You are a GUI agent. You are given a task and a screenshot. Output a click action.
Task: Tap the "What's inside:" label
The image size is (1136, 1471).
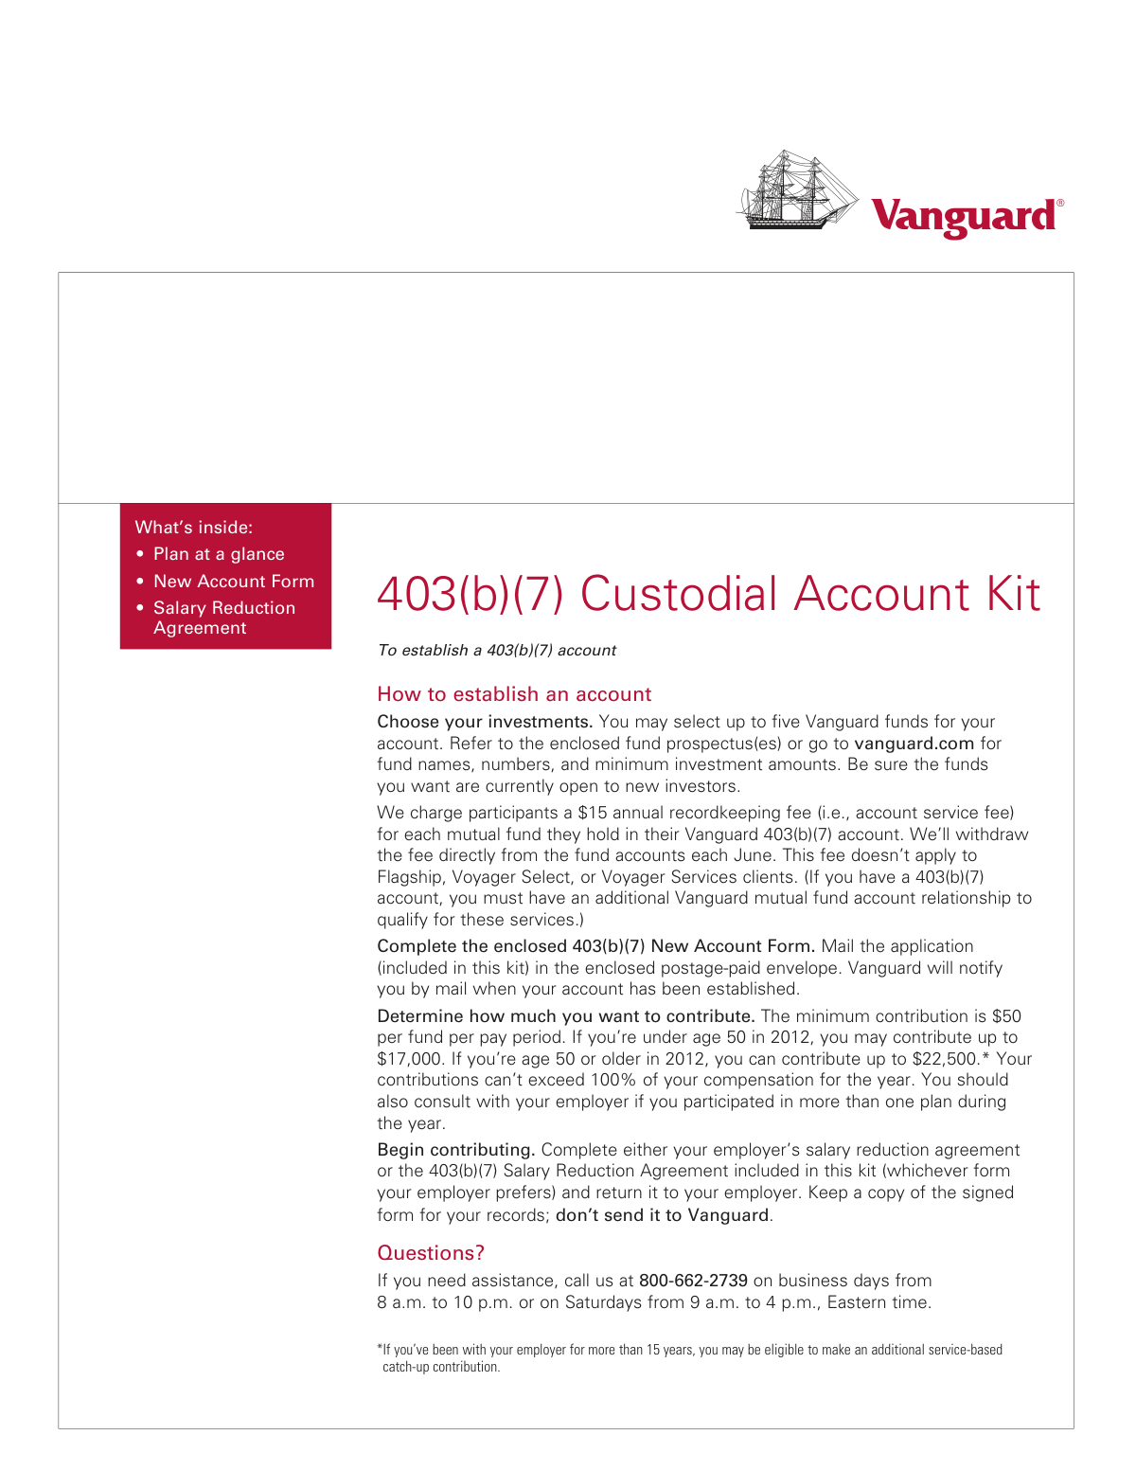pos(193,528)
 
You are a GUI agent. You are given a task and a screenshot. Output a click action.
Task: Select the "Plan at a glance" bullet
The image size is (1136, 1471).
pos(219,554)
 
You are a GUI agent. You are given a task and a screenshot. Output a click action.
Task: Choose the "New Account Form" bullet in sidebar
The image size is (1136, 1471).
pos(233,582)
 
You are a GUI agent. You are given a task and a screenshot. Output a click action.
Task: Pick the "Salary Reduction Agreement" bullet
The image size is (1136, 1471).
pos(223,618)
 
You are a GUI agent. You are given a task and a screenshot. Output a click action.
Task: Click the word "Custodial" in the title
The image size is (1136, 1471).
pos(680,595)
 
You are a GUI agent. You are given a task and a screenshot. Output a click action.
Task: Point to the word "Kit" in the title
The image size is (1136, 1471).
pos(1013,595)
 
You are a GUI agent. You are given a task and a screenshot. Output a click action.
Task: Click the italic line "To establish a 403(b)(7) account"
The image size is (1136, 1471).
pos(496,651)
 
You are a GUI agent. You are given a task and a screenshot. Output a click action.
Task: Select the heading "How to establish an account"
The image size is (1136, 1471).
pos(514,694)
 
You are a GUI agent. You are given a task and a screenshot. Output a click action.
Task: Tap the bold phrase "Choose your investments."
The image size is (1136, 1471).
pos(485,722)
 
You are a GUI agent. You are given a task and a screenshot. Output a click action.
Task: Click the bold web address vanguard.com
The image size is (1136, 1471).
pos(914,744)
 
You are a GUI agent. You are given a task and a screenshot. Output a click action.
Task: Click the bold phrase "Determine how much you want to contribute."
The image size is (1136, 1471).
pos(565,1016)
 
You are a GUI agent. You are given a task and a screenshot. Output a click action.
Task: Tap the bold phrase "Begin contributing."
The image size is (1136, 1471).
pos(456,1150)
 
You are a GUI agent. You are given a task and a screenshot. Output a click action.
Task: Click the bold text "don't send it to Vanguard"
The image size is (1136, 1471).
pos(662,1215)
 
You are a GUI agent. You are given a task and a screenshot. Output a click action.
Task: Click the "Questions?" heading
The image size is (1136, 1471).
pos(431,1253)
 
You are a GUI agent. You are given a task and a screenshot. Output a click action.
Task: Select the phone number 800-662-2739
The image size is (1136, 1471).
pos(693,1281)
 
